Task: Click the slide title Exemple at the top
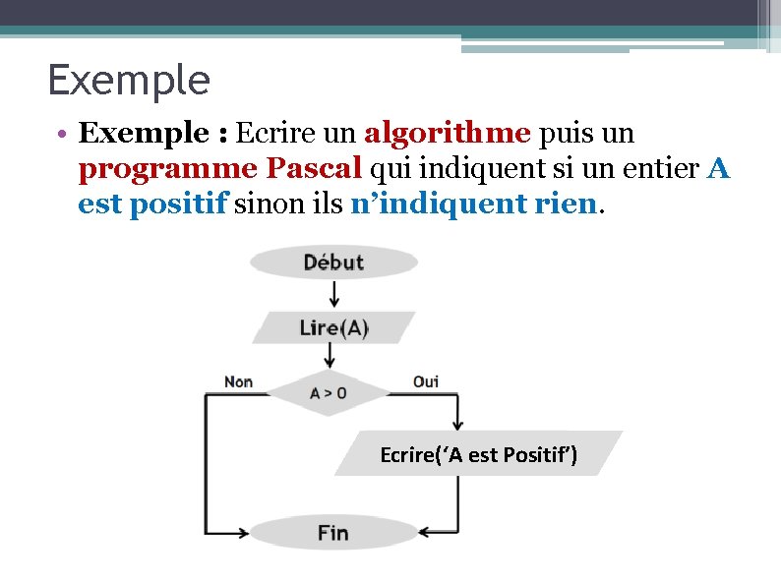pos(129,81)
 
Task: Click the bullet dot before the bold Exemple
pos(61,134)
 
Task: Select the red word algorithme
pos(448,133)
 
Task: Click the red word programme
pos(165,169)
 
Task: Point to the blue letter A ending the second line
pos(718,168)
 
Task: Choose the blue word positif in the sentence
pos(181,204)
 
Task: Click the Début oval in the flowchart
pos(333,263)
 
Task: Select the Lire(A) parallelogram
pos(333,327)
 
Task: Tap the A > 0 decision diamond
pos(329,393)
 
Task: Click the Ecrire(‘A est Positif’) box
pos(479,454)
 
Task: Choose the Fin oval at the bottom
pos(332,533)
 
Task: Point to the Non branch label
pos(239,381)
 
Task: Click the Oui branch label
pos(426,381)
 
